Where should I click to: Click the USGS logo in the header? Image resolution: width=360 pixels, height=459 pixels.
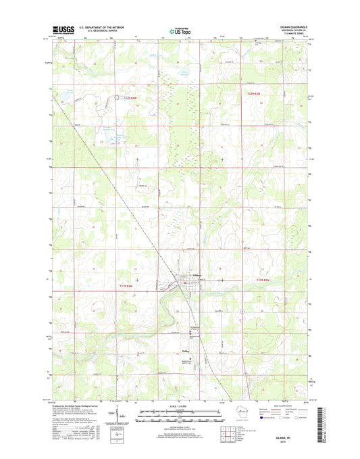pos(63,30)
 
